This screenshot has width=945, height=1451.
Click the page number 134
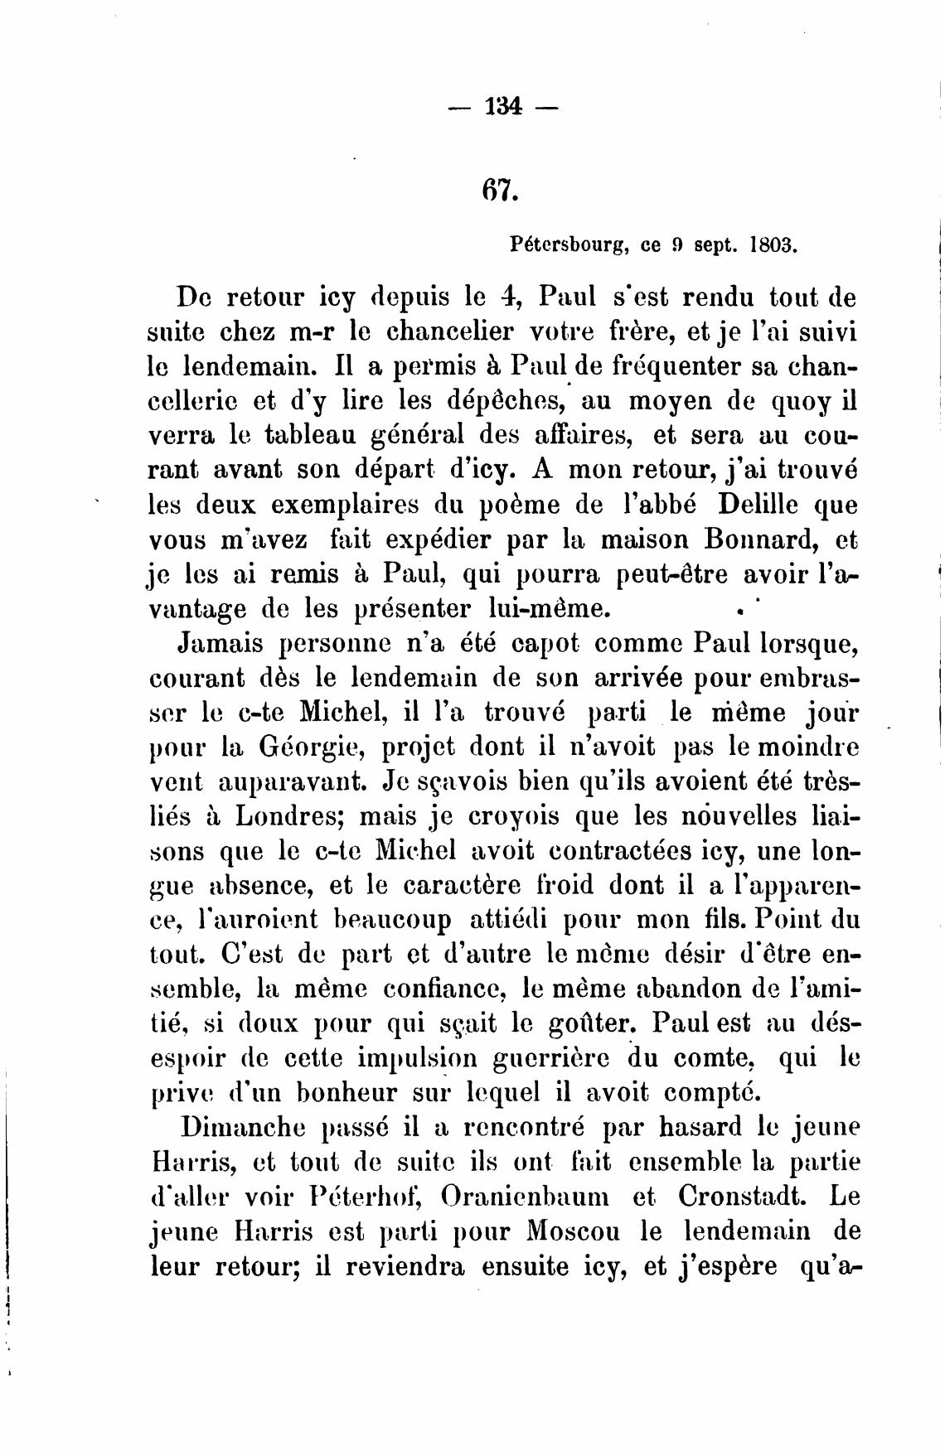[x=503, y=107]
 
